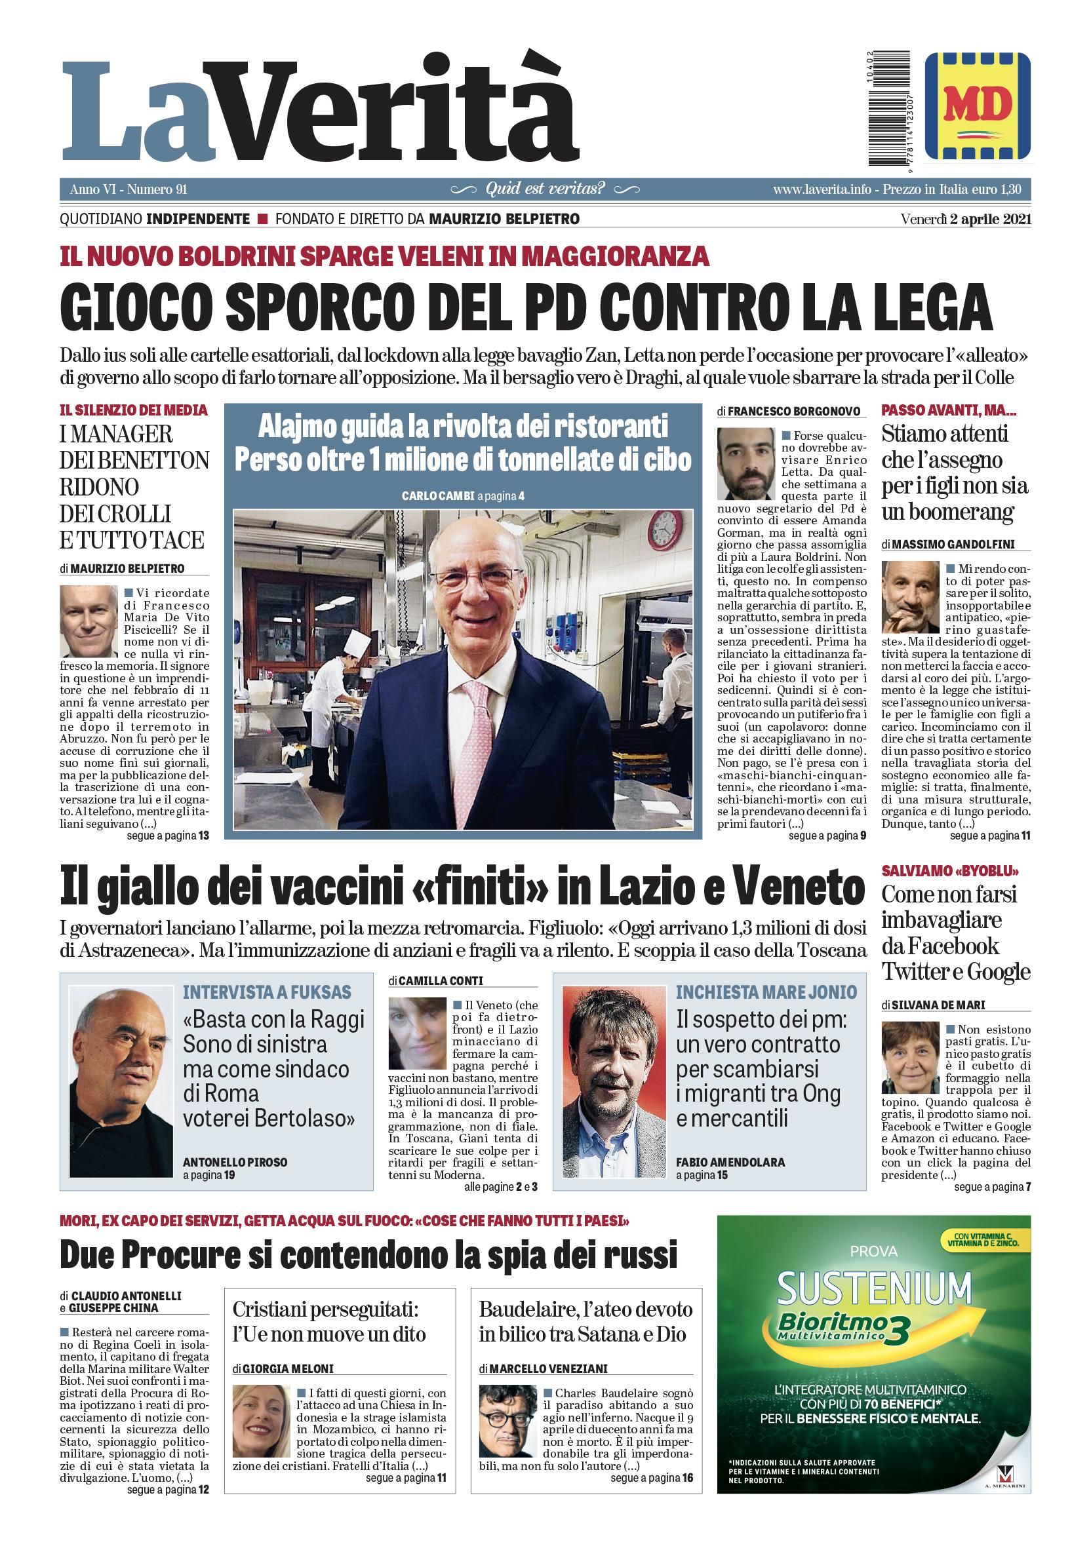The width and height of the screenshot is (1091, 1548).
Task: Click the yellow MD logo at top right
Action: (x=977, y=106)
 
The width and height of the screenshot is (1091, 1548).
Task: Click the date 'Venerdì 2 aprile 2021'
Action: (x=966, y=219)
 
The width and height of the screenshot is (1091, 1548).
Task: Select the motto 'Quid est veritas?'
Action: (x=545, y=189)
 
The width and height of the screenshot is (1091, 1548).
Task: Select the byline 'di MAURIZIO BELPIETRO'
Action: (x=122, y=568)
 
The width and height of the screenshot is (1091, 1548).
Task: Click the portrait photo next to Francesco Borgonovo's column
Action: (x=745, y=463)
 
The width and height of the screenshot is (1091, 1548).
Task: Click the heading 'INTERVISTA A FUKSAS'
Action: (x=267, y=992)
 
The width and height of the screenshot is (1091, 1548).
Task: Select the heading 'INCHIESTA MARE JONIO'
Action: (x=766, y=992)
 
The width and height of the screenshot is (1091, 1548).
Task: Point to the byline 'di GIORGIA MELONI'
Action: (x=283, y=1368)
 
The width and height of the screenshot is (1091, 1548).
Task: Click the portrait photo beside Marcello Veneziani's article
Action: (x=507, y=1421)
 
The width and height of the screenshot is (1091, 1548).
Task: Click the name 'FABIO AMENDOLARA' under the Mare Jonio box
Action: (x=730, y=1163)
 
